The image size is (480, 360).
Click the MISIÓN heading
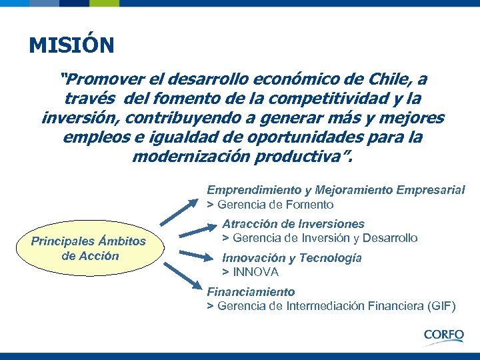click(71, 46)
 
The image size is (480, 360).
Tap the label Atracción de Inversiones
click(293, 224)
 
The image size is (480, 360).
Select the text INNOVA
click(255, 272)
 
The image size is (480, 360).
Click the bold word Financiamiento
click(251, 292)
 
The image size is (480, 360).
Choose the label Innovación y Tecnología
click(292, 258)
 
